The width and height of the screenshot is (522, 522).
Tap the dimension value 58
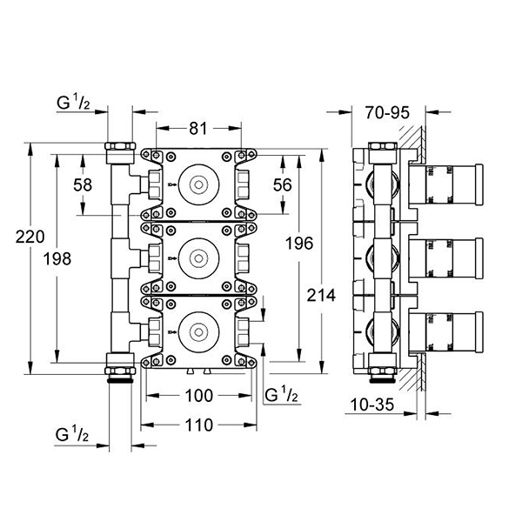(x=83, y=185)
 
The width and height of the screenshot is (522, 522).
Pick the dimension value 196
(x=298, y=244)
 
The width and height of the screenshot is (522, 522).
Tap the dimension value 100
(x=200, y=397)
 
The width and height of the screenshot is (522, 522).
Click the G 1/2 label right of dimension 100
(x=283, y=395)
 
